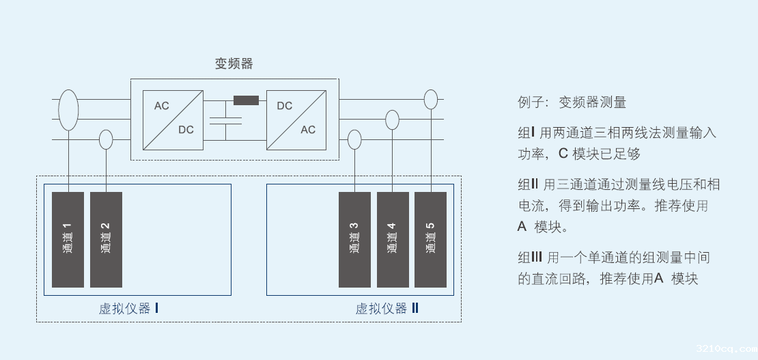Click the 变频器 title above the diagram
tap(234, 64)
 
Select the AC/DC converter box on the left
tap(173, 120)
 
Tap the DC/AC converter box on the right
tap(296, 120)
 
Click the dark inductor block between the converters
tap(246, 100)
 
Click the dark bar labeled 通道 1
tap(68, 239)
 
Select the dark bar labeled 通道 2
tap(106, 239)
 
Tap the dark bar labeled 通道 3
tap(354, 239)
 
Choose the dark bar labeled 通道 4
tap(392, 239)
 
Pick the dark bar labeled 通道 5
tap(430, 239)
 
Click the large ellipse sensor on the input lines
tap(68, 110)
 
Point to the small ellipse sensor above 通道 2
tap(106, 140)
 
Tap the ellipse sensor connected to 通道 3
tap(354, 140)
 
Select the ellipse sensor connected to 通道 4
tap(392, 120)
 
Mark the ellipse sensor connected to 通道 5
tap(430, 100)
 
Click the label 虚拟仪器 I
tap(128, 309)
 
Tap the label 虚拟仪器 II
tap(387, 309)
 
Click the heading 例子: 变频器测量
tap(572, 102)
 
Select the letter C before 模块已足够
tap(563, 154)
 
